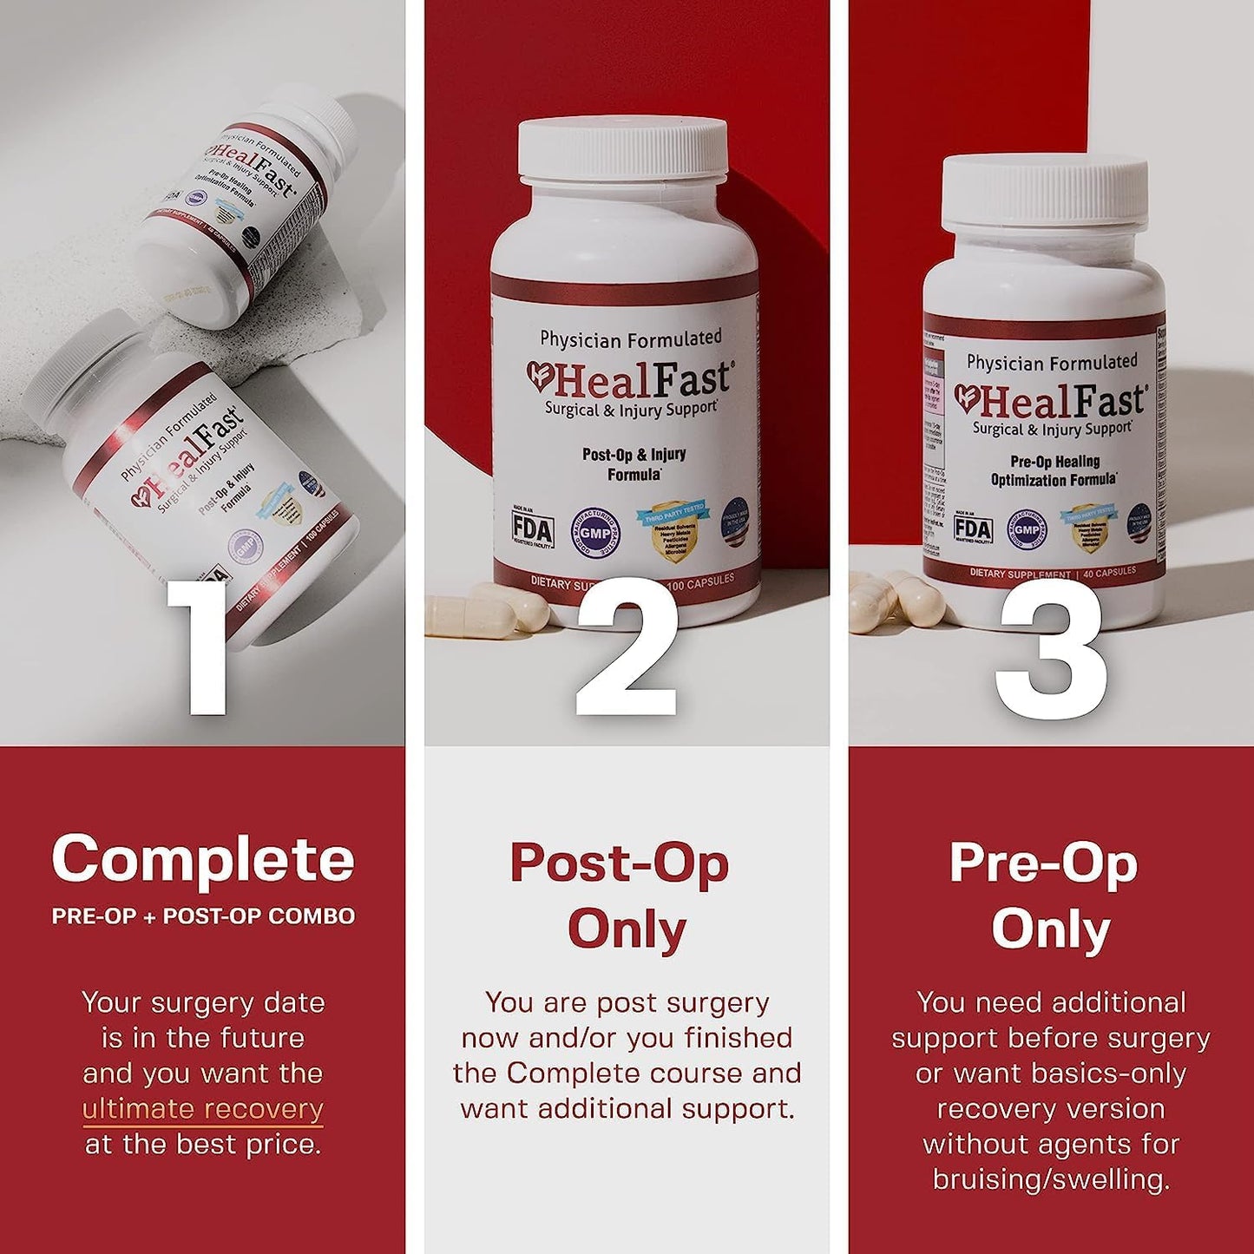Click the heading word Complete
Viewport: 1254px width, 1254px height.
tap(203, 859)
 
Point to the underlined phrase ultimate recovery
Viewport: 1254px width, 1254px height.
tap(203, 1109)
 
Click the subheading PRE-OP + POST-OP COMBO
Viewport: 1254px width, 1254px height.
tap(203, 916)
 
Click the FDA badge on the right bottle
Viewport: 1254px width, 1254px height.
tap(972, 529)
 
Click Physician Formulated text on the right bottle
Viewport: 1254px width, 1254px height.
tap(1052, 362)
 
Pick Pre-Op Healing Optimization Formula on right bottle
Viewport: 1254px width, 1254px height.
tap(1054, 470)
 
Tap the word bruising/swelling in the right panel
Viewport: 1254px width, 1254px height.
tap(1051, 1179)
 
